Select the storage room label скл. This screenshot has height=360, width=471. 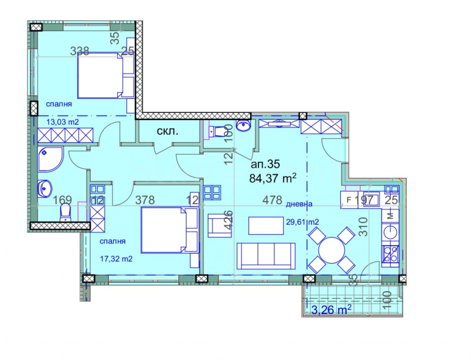[168, 132]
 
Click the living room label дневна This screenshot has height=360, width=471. [300, 204]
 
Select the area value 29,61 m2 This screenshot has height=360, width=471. [303, 222]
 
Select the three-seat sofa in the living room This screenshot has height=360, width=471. [266, 255]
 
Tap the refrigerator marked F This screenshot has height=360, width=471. [349, 200]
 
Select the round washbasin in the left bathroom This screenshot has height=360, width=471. [46, 189]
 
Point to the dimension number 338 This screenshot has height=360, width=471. [79, 51]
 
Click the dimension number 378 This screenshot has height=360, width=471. [145, 200]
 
